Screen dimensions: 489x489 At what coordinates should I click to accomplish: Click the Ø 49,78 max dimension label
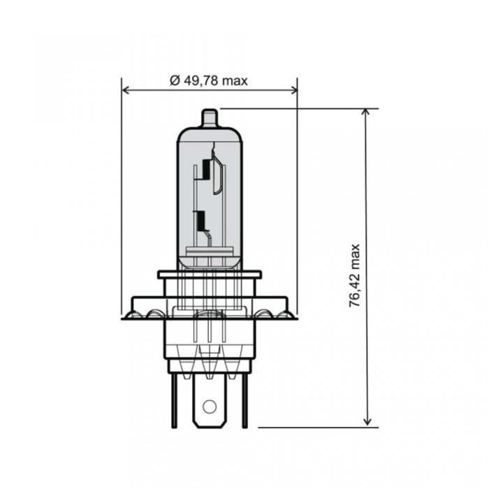pyautogui.click(x=209, y=81)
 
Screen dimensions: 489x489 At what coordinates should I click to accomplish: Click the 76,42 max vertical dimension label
pyautogui.click(x=355, y=276)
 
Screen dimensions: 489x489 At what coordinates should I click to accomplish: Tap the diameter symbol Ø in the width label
pyautogui.click(x=175, y=81)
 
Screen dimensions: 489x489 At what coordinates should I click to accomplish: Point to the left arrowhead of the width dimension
pyautogui.click(x=125, y=90)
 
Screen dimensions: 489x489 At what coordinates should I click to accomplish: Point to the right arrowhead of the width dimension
pyautogui.click(x=294, y=90)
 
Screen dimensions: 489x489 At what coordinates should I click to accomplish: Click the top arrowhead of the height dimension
pyautogui.click(x=367, y=112)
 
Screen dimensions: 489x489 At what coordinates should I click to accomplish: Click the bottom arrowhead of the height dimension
pyautogui.click(x=367, y=421)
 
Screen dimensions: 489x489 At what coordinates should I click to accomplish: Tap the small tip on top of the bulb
pyautogui.click(x=210, y=118)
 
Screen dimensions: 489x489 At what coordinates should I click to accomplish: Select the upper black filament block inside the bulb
pyautogui.click(x=205, y=169)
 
